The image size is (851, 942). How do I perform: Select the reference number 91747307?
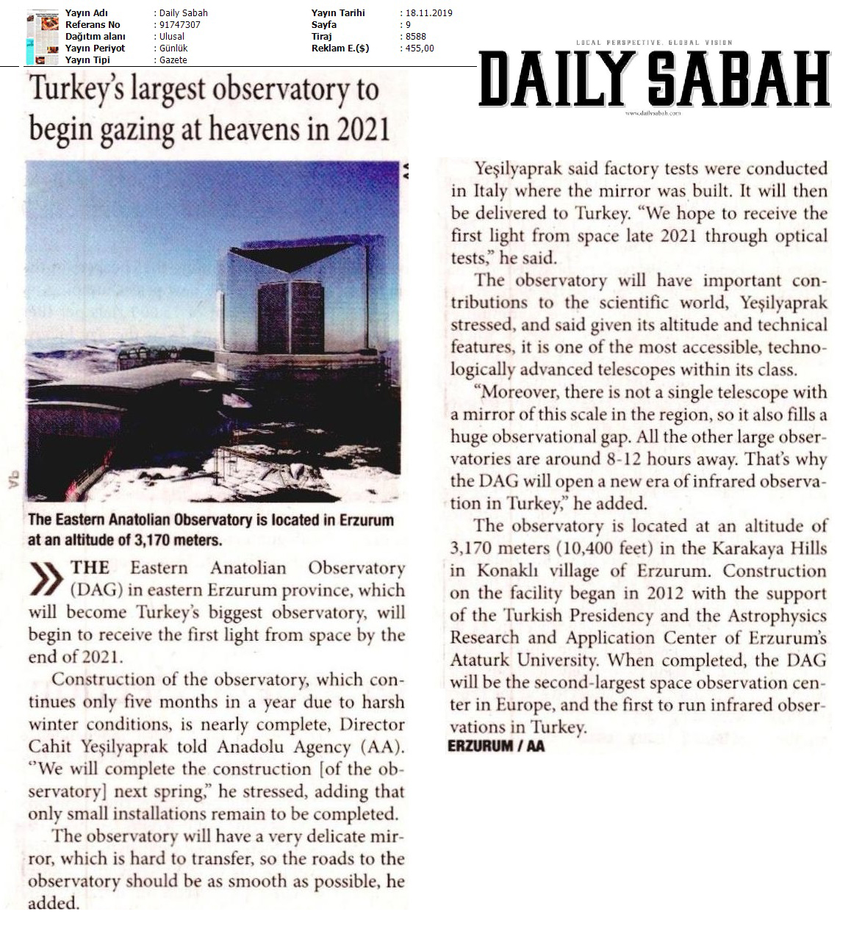coord(180,25)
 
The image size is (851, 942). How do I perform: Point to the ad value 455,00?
coord(419,48)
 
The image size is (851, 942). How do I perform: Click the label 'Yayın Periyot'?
coord(95,48)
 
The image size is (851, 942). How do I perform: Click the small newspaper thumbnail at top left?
coord(42,37)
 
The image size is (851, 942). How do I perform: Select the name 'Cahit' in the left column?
coord(50,747)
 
